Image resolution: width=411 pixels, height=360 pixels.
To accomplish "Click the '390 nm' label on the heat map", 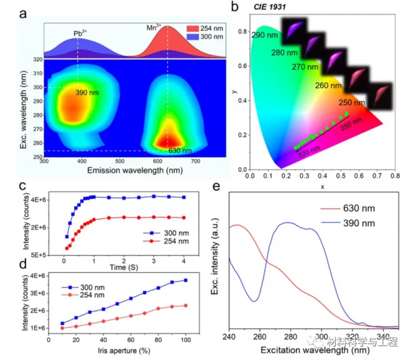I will (85, 93).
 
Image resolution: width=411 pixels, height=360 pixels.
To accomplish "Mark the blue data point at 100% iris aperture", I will (186, 280).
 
